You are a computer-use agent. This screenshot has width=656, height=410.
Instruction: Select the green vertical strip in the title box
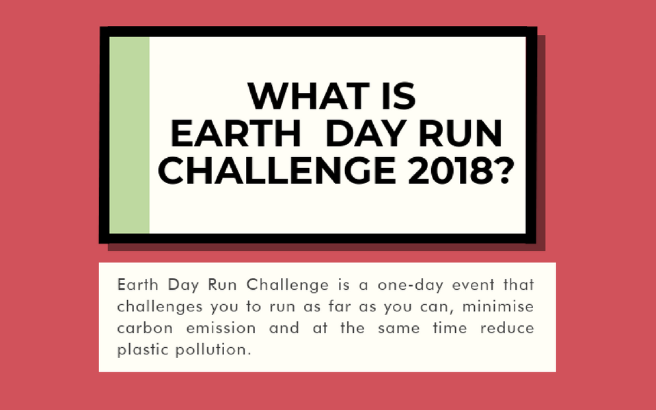point(129,134)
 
